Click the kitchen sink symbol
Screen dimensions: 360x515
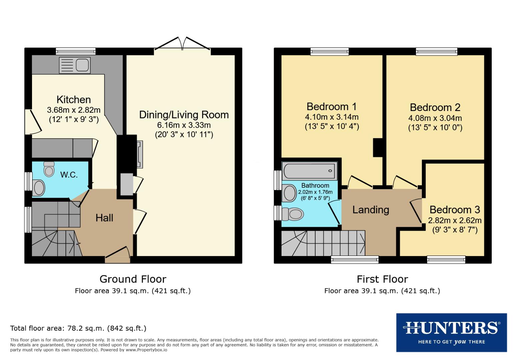pyautogui.click(x=75, y=65)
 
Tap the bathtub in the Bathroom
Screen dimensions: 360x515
pyautogui.click(x=310, y=171)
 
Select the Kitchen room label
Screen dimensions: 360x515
pyautogui.click(x=74, y=100)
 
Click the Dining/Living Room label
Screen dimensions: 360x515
pyautogui.click(x=184, y=115)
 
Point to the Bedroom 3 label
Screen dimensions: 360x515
pyautogui.click(x=455, y=210)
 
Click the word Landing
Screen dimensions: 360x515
pyautogui.click(x=371, y=210)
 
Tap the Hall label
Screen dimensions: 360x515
pyautogui.click(x=104, y=218)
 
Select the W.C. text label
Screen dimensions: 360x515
pyautogui.click(x=69, y=175)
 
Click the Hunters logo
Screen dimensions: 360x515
pyautogui.click(x=451, y=332)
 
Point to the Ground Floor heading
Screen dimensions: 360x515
pyautogui.click(x=133, y=279)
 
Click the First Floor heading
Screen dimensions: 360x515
pyautogui.click(x=382, y=279)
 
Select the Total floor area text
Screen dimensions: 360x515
pyautogui.click(x=78, y=328)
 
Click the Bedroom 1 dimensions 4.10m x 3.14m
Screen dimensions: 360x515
pyautogui.click(x=332, y=117)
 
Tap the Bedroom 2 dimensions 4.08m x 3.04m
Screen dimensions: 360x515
pyautogui.click(x=435, y=118)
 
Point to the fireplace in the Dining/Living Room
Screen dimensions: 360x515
pyautogui.click(x=139, y=154)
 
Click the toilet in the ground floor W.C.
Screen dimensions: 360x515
pyautogui.click(x=49, y=169)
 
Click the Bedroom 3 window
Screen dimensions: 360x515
pyautogui.click(x=446, y=259)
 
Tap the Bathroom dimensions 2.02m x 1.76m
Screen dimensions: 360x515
pyautogui.click(x=315, y=192)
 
